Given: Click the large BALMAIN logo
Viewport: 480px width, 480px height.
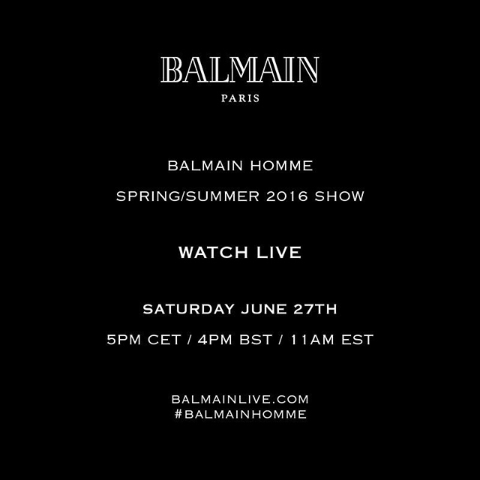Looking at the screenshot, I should [240, 70].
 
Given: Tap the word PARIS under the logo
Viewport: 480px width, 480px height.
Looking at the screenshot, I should [240, 97].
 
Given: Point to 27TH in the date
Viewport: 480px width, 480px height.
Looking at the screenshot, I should [310, 309].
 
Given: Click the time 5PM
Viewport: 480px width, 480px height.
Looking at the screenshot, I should [123, 339].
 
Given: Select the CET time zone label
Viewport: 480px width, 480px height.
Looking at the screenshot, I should [164, 339].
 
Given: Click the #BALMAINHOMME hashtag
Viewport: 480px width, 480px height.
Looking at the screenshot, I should [240, 414].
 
